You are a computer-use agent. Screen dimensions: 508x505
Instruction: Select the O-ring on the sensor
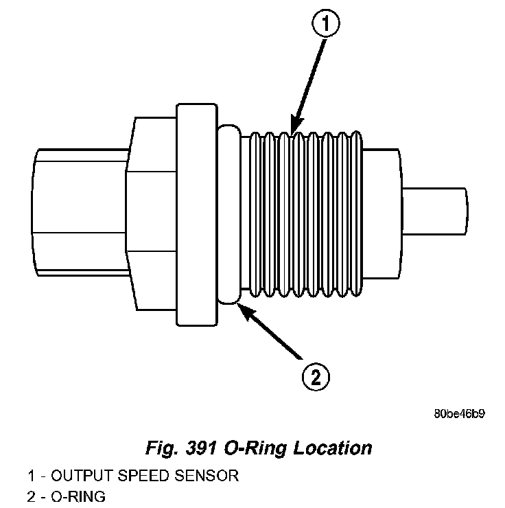click(228, 213)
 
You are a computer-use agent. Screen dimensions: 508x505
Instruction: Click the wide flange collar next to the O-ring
click(197, 214)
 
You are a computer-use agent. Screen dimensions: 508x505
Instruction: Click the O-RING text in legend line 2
click(78, 496)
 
